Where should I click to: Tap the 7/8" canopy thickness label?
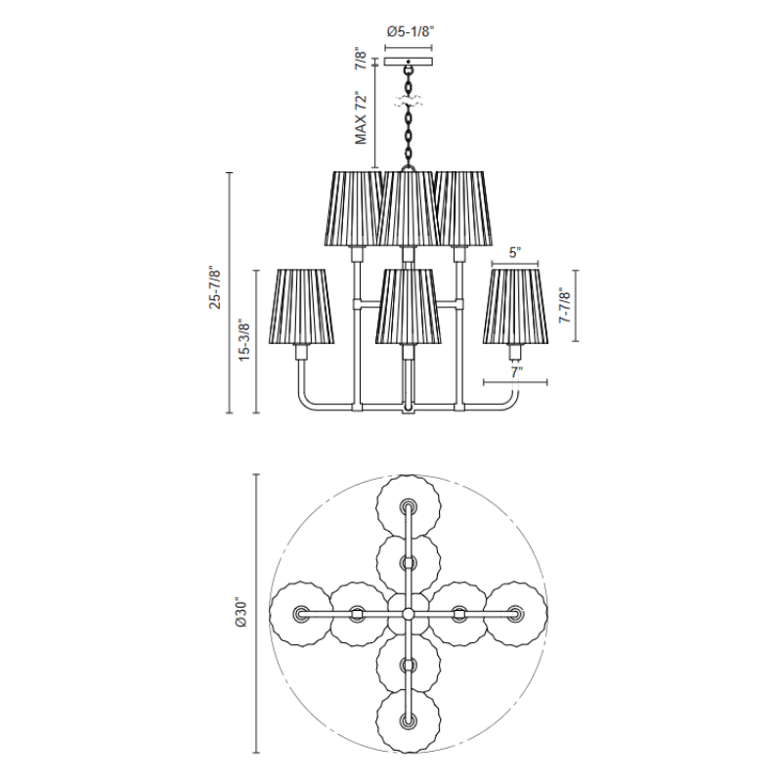tap(360, 60)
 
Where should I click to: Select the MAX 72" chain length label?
tap(361, 118)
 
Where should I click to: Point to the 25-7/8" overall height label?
tap(215, 288)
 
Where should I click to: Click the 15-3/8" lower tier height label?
tap(243, 339)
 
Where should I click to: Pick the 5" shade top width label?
tap(515, 252)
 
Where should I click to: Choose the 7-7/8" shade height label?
tap(565, 305)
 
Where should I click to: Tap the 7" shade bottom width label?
tap(516, 372)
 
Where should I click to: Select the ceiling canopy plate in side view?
tap(409, 62)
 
